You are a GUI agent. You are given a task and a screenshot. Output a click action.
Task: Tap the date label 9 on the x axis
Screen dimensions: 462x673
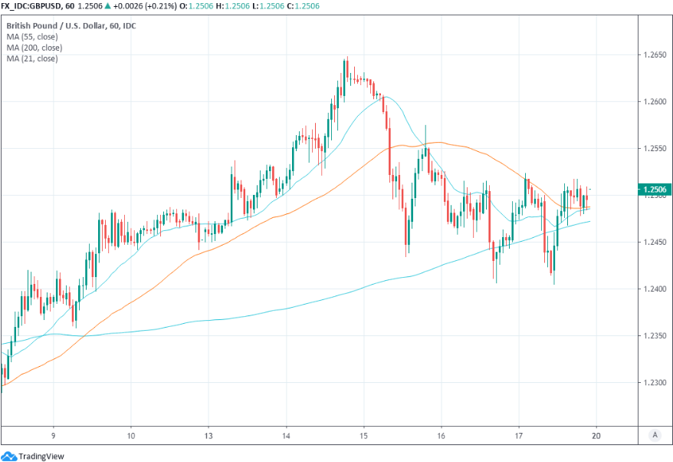[53, 434]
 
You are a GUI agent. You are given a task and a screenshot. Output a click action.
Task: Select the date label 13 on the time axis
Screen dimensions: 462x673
[208, 434]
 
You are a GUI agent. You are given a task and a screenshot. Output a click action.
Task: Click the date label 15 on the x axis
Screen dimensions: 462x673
[364, 434]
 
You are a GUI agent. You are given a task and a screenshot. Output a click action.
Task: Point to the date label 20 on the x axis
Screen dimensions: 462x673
[596, 434]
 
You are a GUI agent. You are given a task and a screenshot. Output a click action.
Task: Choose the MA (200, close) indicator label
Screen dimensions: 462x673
[34, 48]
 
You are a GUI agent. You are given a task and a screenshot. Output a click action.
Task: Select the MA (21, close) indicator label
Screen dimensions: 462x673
[31, 58]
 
